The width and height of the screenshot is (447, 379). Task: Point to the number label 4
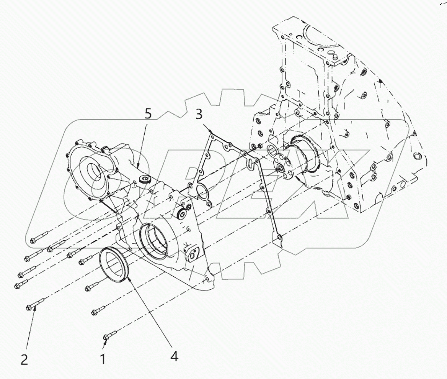[x=174, y=356]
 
